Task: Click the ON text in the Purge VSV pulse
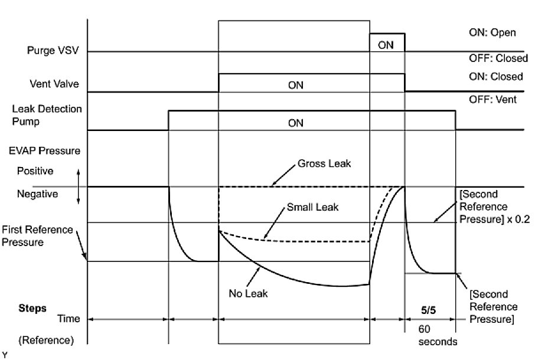point(386,44)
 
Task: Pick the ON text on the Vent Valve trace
point(295,85)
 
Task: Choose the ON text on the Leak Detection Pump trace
point(295,123)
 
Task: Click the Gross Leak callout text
point(324,163)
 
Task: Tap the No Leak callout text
point(248,293)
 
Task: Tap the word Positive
point(37,171)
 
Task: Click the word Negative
point(38,194)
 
